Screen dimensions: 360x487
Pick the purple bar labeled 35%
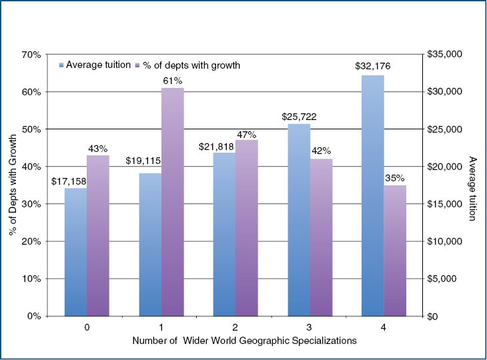[395, 250]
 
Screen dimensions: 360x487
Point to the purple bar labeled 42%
[321, 237]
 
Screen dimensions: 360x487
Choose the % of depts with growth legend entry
[187, 65]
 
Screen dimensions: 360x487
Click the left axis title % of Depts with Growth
[13, 184]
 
